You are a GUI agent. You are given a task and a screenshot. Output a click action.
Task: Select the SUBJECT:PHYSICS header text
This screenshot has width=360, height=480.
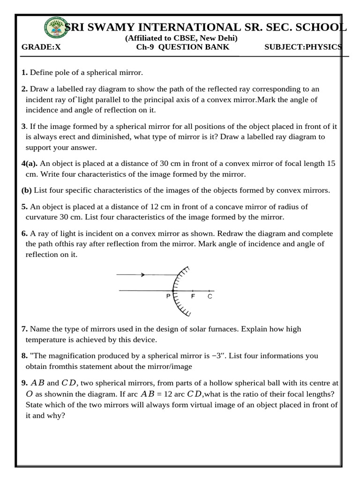coord(303,47)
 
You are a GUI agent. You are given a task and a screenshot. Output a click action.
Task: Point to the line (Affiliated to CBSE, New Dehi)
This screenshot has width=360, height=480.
coord(181,38)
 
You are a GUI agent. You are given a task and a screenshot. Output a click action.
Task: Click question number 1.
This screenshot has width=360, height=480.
coord(24,73)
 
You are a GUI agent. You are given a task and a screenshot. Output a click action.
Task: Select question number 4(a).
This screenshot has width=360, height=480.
coord(30,164)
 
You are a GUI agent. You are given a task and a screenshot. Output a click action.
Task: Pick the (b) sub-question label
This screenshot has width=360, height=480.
coord(26,190)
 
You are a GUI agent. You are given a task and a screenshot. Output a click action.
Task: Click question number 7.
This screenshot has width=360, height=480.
coord(24,329)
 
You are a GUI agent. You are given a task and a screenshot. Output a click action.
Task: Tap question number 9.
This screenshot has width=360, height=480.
coord(24,383)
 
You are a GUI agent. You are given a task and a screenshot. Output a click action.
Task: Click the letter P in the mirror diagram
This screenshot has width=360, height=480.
coord(168,297)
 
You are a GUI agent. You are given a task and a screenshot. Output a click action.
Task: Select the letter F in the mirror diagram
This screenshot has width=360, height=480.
coord(193,297)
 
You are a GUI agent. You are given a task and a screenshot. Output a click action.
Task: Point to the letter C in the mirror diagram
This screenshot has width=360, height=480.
coord(210,297)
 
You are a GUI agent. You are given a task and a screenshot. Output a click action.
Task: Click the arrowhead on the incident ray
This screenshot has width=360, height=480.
coord(142,275)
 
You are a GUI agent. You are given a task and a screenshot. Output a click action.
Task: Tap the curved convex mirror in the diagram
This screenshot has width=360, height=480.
coord(176,291)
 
